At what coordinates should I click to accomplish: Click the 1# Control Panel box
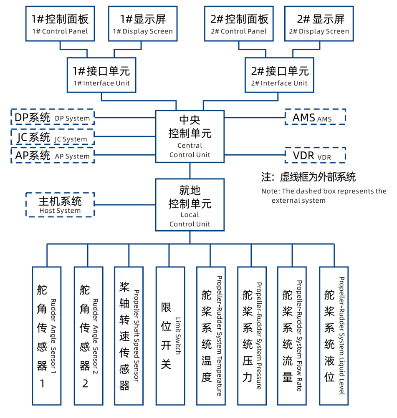pos(60,23)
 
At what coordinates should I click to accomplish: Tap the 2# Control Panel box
pos(239,23)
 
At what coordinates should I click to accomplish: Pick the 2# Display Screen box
pos(319,23)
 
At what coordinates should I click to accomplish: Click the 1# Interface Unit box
pos(101,75)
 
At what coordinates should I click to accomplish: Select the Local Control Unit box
pos(190,205)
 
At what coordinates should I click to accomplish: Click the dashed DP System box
pos(52,117)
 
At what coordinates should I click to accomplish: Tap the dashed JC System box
pos(52,137)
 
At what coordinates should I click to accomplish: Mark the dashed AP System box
pos(52,156)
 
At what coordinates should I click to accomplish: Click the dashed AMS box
pos(315,117)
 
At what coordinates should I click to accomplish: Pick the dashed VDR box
pos(315,155)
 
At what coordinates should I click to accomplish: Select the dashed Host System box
pos(60,204)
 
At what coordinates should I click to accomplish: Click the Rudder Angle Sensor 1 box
pos(46,336)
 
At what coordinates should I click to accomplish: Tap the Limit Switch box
pos(169,336)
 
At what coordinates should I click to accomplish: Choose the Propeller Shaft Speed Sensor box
pos(129,336)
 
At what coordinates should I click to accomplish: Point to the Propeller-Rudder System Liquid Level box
pos(333,336)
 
